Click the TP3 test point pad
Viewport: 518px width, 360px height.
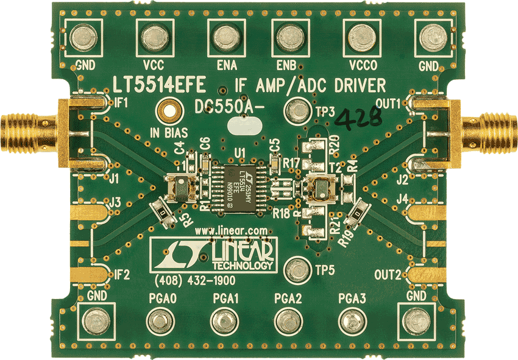[x=299, y=110]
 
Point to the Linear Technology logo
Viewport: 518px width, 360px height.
[x=213, y=254]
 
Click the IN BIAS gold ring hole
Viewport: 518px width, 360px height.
[x=168, y=111]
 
